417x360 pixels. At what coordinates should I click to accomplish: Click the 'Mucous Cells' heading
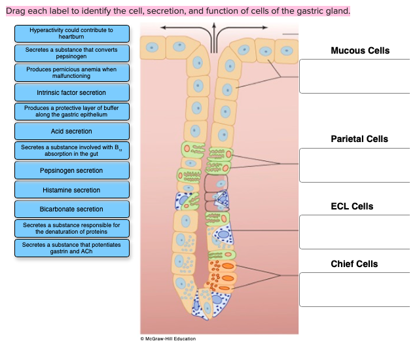click(359, 50)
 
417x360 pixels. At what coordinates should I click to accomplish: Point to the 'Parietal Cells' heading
click(359, 139)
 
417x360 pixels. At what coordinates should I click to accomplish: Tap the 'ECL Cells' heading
click(352, 206)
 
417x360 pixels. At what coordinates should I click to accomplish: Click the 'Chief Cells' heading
click(354, 264)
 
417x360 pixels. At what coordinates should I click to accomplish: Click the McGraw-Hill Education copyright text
click(168, 338)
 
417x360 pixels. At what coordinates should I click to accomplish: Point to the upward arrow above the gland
click(213, 33)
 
